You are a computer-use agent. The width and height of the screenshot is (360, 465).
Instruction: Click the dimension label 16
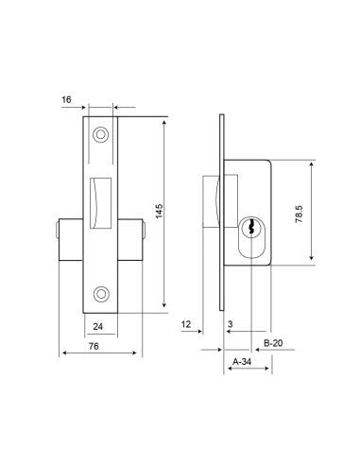66,100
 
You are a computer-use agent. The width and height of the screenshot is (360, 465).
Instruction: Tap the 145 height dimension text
160,212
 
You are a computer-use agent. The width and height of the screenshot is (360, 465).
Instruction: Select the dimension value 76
94,346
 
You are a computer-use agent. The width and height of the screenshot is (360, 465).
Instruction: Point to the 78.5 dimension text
299,214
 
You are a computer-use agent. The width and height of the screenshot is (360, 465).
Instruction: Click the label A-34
242,362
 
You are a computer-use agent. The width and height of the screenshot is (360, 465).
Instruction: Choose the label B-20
273,343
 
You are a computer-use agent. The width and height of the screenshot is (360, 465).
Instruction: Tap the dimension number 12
186,324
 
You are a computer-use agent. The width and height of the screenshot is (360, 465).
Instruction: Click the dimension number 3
231,324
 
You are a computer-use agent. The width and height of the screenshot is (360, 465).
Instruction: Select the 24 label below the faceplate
98,326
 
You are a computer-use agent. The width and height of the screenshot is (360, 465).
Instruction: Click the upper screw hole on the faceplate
101,135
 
